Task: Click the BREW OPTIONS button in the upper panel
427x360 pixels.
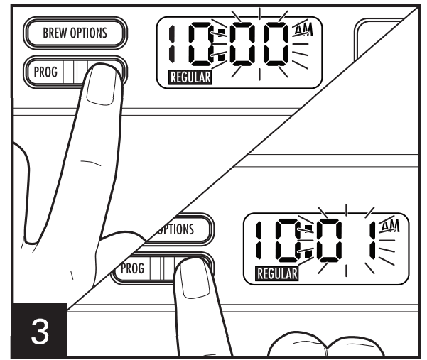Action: [75, 33]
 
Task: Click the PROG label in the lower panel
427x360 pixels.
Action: [133, 269]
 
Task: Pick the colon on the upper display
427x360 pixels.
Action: [223, 46]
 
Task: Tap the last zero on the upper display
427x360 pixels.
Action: [275, 46]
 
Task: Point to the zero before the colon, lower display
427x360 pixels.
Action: [288, 241]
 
